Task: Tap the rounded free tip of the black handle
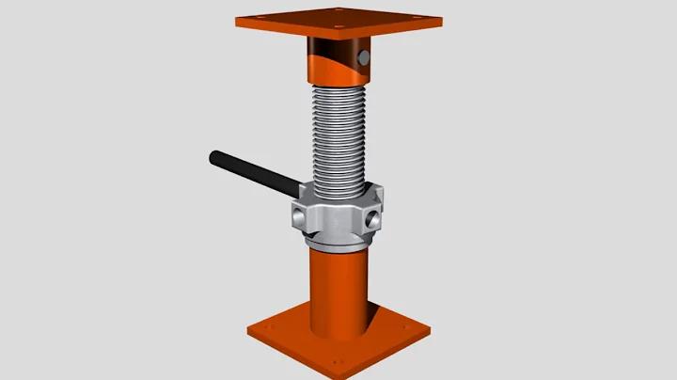tap(214, 154)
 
